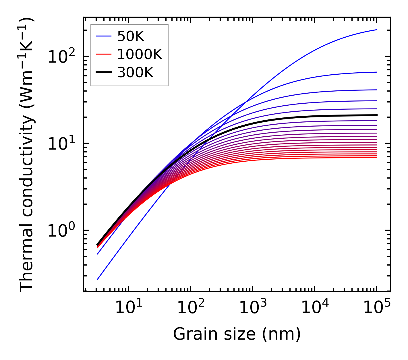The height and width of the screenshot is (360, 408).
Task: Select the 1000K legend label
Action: point(140,54)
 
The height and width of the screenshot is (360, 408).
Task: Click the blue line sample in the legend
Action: point(103,36)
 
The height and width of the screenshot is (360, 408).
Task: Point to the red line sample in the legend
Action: point(103,54)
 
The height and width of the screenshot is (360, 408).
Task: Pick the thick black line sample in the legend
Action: point(103,73)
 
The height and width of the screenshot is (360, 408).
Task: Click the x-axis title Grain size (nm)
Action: point(237,334)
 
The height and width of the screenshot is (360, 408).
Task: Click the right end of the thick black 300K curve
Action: point(377,115)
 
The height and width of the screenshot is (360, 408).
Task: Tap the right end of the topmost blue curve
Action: point(377,30)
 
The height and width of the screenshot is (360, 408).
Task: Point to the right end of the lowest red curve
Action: point(377,158)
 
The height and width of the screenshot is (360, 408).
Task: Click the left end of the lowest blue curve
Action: point(98,279)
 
